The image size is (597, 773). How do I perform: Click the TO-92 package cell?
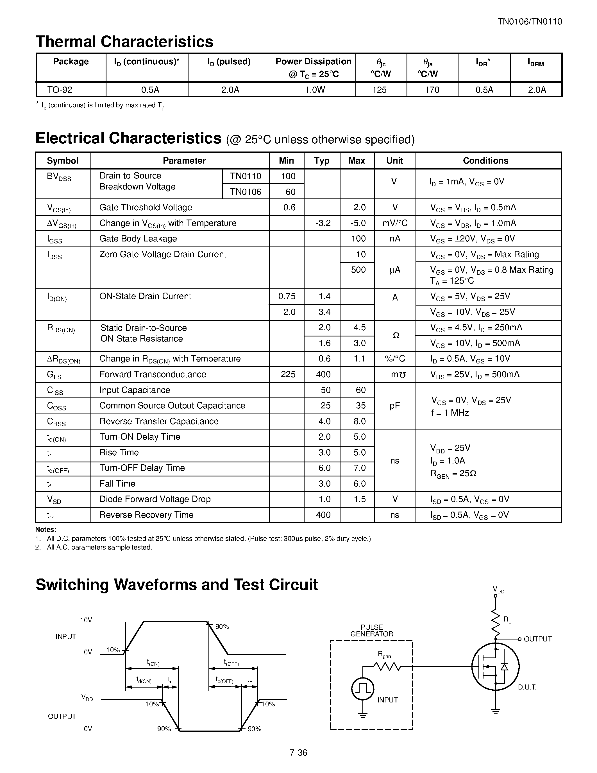coord(60,90)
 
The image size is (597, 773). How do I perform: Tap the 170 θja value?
coord(432,90)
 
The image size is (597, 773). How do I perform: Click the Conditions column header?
coord(485,161)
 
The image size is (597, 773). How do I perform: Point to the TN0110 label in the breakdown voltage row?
coord(246,176)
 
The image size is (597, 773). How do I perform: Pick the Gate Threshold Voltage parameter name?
coord(146,207)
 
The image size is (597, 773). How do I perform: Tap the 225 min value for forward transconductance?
coord(288,374)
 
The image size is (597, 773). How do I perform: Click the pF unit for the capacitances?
coord(395,406)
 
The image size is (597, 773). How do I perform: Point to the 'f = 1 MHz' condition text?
coord(450,413)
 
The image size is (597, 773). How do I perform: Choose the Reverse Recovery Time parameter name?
coord(146,515)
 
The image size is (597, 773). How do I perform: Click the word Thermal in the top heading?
coord(66,42)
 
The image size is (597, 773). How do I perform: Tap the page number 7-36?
coord(298,753)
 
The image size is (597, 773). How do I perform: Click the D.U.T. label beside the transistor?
coord(527,687)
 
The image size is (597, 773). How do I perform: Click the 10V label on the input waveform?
coord(86,620)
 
